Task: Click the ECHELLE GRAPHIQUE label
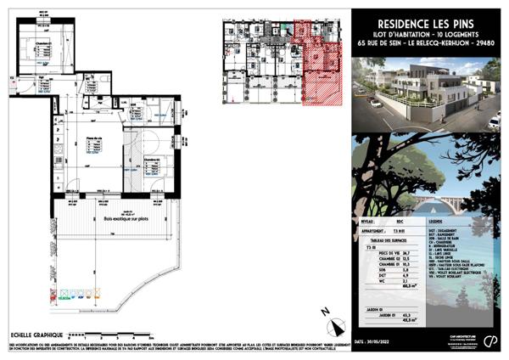click(x=34, y=333)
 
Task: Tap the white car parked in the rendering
click(x=493, y=122)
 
